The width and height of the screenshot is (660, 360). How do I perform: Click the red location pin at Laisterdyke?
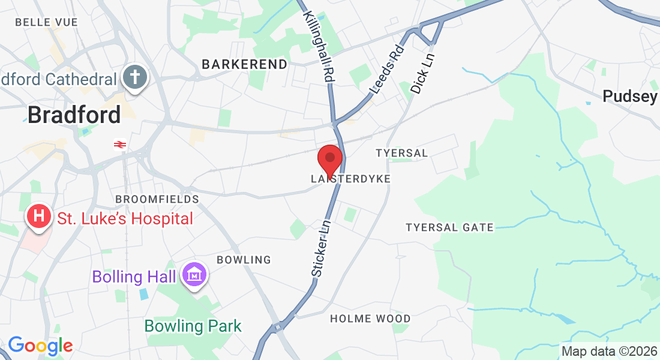point(329,160)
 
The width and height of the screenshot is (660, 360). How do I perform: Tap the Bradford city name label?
point(74,115)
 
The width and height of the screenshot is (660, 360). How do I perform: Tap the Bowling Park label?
point(193,326)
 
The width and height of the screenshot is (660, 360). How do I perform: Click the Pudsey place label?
point(629,96)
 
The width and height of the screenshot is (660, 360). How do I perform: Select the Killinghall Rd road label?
point(319,46)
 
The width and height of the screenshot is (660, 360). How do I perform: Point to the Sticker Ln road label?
point(320,247)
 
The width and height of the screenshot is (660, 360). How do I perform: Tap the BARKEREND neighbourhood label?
point(244,64)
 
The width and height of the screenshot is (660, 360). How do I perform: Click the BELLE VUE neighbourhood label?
point(46,22)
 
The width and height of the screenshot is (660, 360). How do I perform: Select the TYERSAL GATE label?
point(449,227)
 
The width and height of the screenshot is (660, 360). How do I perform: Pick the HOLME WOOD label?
point(370,319)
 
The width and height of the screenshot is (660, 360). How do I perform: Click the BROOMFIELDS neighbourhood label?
point(157,199)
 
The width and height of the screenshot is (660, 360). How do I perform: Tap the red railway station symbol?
point(119,144)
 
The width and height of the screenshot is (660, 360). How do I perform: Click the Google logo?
point(40,346)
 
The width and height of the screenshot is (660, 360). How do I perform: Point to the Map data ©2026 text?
point(609,351)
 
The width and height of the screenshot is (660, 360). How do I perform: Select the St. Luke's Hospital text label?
point(125,218)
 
